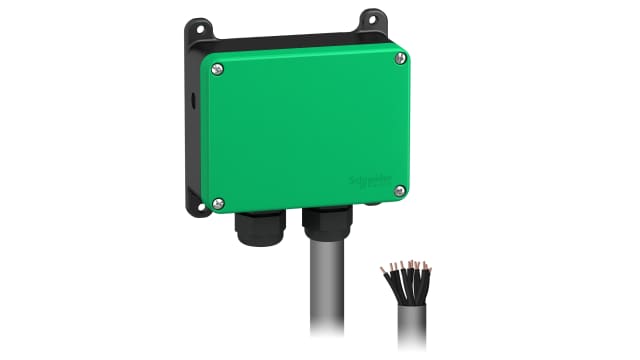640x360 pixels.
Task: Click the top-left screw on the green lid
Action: (x=218, y=69)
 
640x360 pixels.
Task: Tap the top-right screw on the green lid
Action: (x=401, y=58)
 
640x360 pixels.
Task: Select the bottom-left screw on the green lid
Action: (x=219, y=203)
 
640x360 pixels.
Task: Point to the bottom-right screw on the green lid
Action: (x=400, y=190)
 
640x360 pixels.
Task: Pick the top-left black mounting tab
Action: (x=199, y=31)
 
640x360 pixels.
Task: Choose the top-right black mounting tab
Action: (x=372, y=20)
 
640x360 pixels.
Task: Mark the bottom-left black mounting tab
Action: (x=194, y=207)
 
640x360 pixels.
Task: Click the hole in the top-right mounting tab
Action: (x=373, y=18)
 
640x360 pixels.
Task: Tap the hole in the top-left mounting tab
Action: (x=197, y=28)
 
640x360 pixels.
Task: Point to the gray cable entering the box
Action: (x=328, y=290)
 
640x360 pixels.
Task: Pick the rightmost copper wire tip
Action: (x=428, y=267)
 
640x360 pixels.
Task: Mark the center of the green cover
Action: (x=308, y=127)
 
